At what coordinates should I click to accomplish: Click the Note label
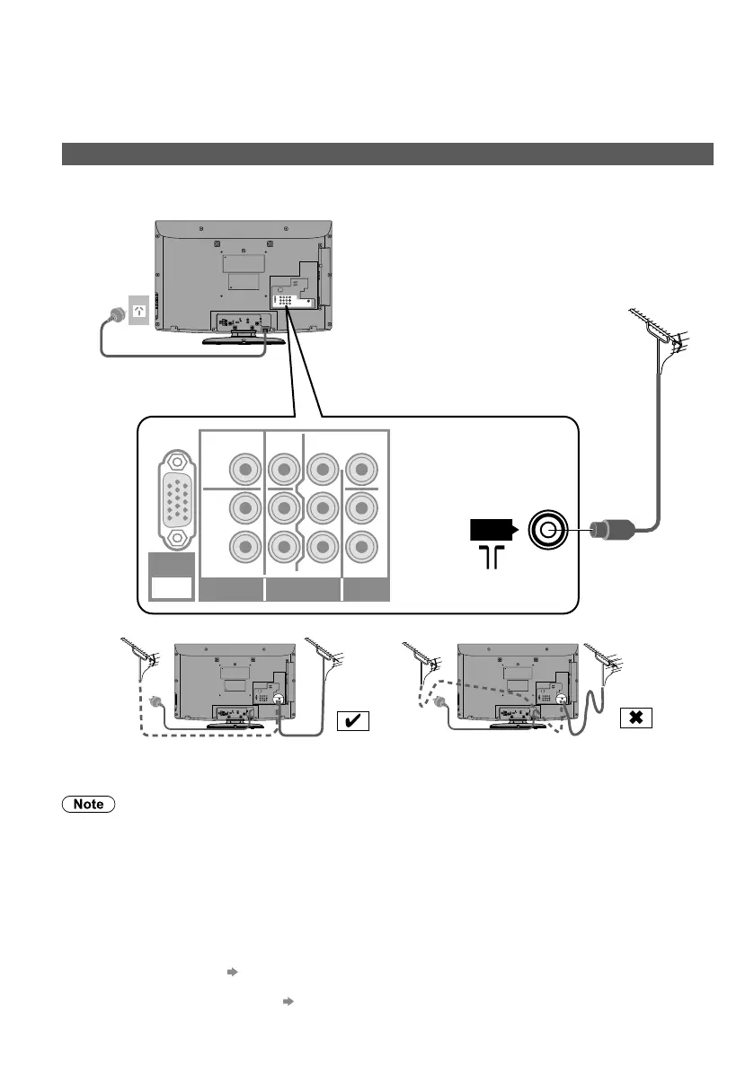click(x=88, y=805)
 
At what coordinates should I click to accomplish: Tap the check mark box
click(x=351, y=720)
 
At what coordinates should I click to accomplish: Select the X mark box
click(x=634, y=718)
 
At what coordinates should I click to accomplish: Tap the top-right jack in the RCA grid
click(x=359, y=468)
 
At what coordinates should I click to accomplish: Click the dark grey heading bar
click(x=386, y=154)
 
